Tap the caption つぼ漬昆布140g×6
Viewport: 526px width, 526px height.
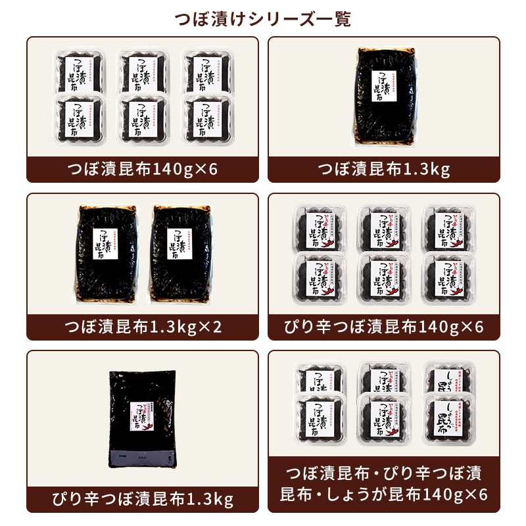tap(143, 170)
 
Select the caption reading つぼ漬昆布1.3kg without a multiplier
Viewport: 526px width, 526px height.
tap(384, 170)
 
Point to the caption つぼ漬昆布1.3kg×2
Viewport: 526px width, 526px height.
tap(143, 326)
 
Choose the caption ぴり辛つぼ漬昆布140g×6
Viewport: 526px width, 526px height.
tap(384, 326)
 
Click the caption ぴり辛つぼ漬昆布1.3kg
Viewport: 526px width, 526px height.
tap(143, 500)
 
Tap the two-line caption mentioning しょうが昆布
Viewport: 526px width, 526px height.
tap(384, 483)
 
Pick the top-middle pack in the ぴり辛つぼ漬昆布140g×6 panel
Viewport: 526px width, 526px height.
tap(384, 227)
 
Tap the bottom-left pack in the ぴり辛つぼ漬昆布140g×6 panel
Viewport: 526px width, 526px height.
tap(319, 276)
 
